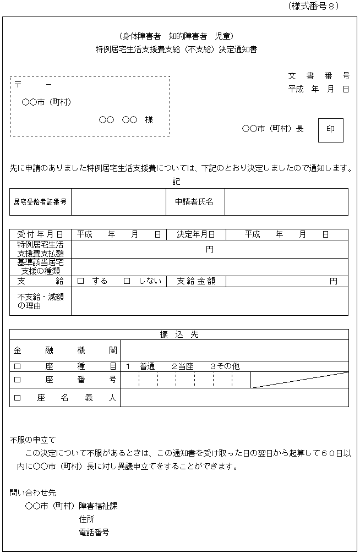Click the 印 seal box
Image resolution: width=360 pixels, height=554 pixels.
pos(331,129)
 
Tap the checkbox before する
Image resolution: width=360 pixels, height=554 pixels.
pos(80,281)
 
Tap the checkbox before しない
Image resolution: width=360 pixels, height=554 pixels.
pos(127,281)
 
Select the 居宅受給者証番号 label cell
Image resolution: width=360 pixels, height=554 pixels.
pos(40,202)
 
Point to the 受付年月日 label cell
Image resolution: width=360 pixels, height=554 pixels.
pos(40,234)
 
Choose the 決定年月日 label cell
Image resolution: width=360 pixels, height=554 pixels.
pos(196,234)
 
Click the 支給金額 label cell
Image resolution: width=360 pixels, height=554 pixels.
pos(196,281)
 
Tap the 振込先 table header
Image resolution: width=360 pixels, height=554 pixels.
pos(179,334)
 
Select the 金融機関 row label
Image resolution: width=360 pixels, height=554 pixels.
pos(65,350)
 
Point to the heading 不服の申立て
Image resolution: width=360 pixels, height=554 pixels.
pos(33,440)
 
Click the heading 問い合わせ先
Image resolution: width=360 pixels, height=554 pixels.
pos(33,492)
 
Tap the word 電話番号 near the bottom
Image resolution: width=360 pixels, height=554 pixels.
pos(94,533)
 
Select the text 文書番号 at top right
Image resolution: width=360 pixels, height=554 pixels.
pos(319,76)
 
